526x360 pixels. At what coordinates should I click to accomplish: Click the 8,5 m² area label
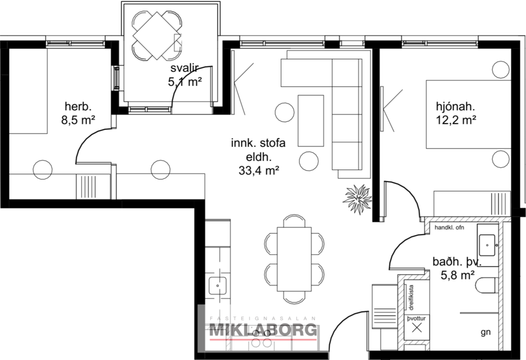coord(78,120)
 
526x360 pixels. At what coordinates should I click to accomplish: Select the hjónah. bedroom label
coord(456,107)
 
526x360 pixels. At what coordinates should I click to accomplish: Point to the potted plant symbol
coord(356,198)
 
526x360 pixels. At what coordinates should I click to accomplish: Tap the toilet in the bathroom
coord(487,285)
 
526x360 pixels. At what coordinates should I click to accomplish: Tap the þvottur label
coord(416,318)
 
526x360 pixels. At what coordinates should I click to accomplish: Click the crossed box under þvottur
coord(417,327)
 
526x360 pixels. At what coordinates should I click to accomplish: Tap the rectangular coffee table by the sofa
coord(311,121)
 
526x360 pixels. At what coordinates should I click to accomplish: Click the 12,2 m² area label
coord(456,120)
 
